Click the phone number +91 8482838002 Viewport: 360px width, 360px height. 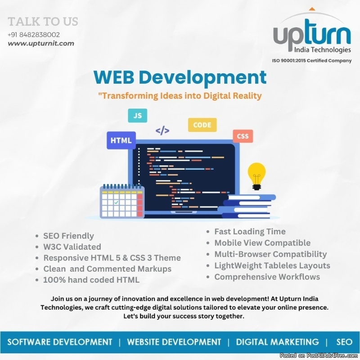pos(34,35)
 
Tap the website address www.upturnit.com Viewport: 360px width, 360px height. pos(41,43)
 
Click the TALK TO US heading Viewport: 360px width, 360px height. pos(43,22)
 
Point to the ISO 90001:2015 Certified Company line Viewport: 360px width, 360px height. pos(311,61)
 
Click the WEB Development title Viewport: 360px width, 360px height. pos(180,77)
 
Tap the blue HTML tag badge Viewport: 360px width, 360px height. pos(121,140)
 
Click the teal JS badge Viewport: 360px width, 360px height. pos(138,116)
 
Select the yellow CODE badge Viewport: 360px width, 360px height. pos(202,125)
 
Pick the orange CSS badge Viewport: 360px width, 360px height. pos(243,136)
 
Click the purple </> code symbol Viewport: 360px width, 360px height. pos(162,130)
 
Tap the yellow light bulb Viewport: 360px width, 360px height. pos(256,176)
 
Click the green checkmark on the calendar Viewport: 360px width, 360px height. pos(117,202)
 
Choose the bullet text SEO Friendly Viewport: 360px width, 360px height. pos(69,236)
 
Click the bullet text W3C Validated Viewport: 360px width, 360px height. pos(72,247)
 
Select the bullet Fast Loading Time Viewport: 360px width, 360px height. pos(250,231)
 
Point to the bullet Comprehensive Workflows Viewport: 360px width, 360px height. pos(267,277)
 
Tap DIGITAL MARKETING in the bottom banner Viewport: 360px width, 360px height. pos(277,342)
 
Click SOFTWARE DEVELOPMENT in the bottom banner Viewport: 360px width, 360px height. pos(60,342)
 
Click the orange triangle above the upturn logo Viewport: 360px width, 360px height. pos(311,9)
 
